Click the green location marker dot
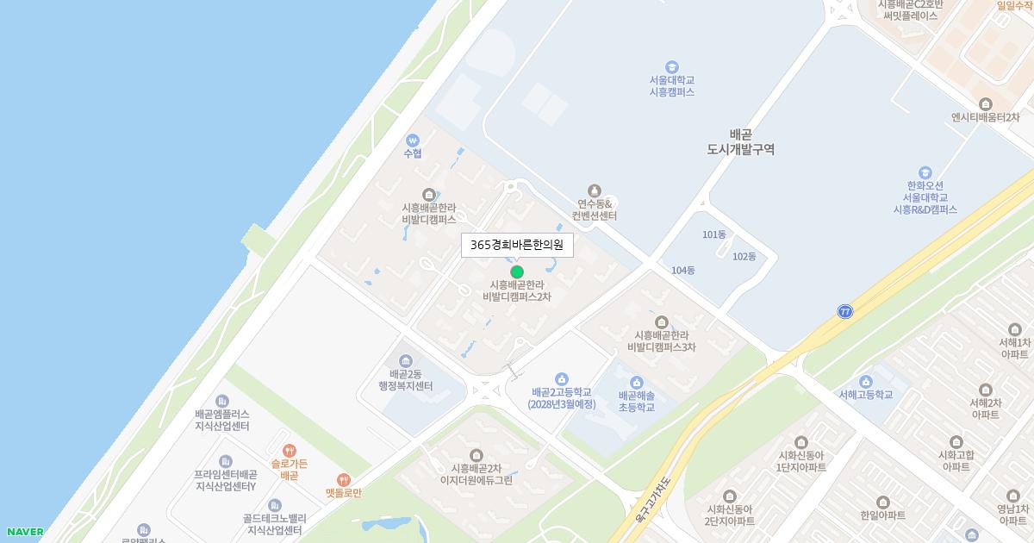(x=517, y=271)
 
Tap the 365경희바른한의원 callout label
(x=517, y=245)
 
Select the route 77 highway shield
(x=845, y=311)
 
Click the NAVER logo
(x=24, y=532)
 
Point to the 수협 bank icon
(x=413, y=140)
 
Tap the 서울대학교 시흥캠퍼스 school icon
(x=671, y=67)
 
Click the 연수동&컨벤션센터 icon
(x=594, y=190)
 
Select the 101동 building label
(x=714, y=234)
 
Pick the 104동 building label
(x=682, y=271)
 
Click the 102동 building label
(x=744, y=257)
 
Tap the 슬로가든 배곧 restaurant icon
(x=289, y=450)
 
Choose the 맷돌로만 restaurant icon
(x=344, y=480)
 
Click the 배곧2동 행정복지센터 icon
(x=406, y=360)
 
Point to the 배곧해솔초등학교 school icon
(x=637, y=383)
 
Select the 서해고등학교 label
(x=866, y=395)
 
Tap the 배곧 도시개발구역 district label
(x=740, y=142)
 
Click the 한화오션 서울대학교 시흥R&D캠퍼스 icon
(x=925, y=172)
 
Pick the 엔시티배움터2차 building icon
(x=985, y=104)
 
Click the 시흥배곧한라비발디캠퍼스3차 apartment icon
(x=661, y=322)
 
